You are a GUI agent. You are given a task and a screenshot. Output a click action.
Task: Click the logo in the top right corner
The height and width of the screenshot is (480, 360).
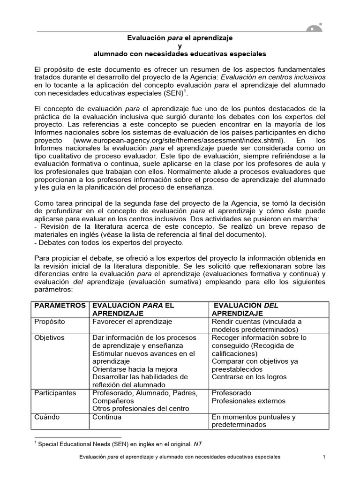point(315,28)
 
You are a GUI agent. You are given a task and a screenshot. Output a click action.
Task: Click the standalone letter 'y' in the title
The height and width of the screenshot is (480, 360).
point(180,45)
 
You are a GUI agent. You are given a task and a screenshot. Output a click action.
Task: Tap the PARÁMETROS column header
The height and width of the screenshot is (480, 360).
point(60,306)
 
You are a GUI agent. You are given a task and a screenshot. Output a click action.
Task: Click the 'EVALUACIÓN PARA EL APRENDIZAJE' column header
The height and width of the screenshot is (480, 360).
point(133,309)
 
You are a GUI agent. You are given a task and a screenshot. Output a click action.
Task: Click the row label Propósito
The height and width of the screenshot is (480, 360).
point(50,322)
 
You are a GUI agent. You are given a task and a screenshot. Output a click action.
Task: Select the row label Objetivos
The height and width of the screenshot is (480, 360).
point(50,337)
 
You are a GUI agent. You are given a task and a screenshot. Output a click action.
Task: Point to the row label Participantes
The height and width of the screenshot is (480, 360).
point(55,393)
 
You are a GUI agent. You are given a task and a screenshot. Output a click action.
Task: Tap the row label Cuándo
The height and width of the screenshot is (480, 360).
point(47,417)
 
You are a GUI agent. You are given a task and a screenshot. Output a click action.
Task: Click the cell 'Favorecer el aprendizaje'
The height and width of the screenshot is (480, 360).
point(133,322)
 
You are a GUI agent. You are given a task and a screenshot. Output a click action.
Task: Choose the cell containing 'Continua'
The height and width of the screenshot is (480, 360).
point(107,417)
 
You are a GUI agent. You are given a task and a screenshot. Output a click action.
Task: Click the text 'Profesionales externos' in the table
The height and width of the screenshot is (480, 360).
point(248,401)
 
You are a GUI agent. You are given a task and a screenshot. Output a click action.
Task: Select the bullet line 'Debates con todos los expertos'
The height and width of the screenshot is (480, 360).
point(110,242)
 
